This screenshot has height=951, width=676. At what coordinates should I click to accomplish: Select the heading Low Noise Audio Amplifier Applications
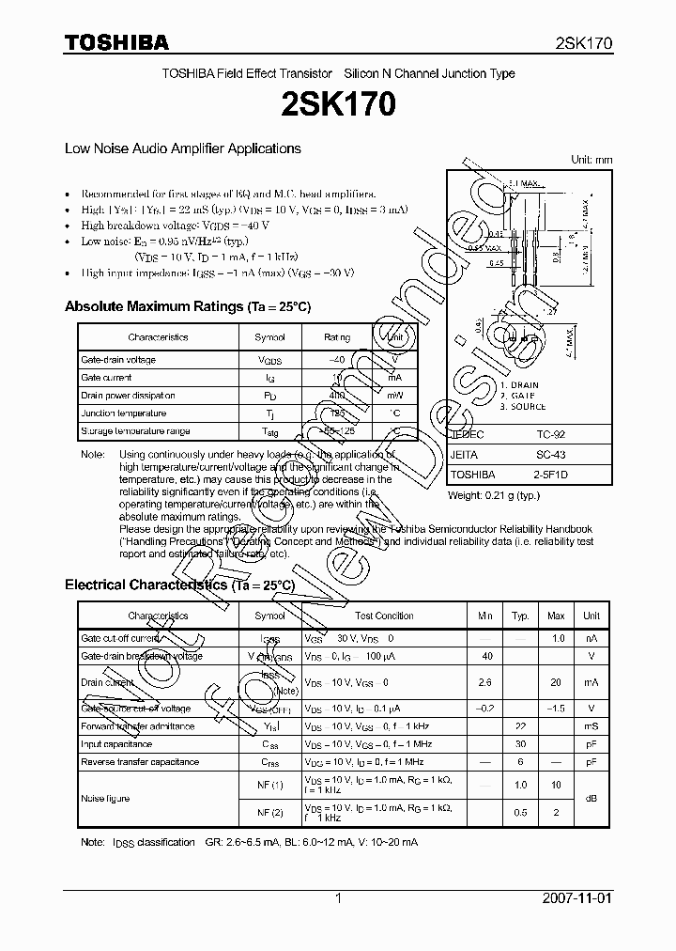click(182, 148)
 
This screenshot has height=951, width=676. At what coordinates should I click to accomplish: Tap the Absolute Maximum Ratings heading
click(187, 307)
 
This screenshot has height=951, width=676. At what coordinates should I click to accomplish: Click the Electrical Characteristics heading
click(179, 585)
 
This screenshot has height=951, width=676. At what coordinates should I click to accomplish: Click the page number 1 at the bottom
click(338, 899)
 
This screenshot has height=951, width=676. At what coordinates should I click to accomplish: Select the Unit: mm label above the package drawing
click(591, 160)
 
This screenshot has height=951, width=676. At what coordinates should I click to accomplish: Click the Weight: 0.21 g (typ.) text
click(493, 495)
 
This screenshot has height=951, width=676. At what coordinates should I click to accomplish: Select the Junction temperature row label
click(123, 413)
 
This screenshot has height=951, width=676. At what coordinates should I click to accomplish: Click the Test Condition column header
click(384, 616)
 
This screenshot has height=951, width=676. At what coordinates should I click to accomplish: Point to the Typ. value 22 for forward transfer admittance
click(519, 726)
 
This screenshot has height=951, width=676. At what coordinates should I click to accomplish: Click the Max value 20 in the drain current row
click(556, 682)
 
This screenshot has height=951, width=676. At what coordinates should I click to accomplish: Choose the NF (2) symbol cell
click(270, 812)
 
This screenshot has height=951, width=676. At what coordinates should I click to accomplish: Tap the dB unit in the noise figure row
click(591, 798)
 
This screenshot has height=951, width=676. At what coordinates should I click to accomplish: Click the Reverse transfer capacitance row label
click(139, 762)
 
